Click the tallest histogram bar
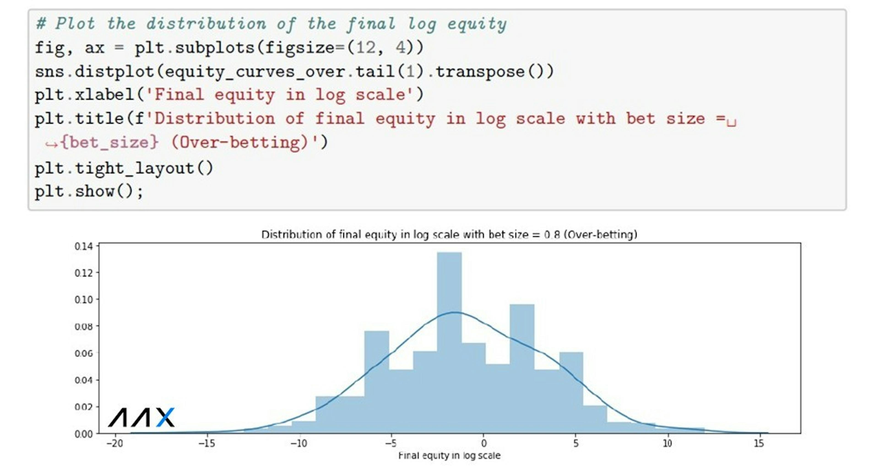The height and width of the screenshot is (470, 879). (449, 343)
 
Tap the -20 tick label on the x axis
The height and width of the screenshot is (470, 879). (115, 443)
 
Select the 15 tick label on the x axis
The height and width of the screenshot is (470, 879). (759, 443)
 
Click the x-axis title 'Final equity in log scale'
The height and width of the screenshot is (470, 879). (449, 456)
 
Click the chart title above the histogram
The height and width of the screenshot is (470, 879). (449, 235)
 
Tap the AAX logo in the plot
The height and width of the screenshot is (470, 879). (141, 417)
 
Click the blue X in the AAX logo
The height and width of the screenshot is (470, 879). (165, 417)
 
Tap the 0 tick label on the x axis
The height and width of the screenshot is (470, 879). (483, 443)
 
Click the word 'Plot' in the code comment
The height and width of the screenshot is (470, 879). (75, 24)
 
